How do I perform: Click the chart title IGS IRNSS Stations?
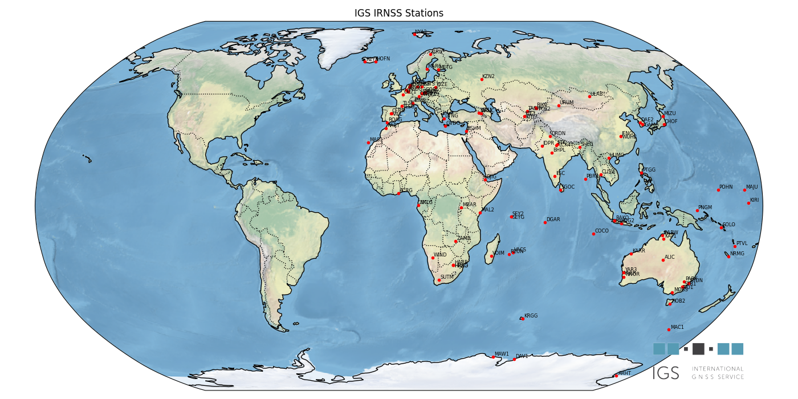(398, 13)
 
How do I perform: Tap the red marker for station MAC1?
(669, 329)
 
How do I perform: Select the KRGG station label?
(531, 316)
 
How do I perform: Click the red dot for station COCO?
(593, 234)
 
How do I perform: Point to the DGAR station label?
(553, 219)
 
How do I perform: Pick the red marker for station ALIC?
(663, 260)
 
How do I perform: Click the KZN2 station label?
(488, 76)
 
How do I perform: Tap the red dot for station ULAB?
(589, 96)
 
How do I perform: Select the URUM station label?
(567, 103)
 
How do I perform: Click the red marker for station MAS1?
(368, 142)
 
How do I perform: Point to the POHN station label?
(726, 187)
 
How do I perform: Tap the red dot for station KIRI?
(748, 203)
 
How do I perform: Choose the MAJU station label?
(752, 187)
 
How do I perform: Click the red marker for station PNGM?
(697, 210)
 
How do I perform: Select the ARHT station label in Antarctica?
(625, 373)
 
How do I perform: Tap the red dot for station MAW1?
(493, 357)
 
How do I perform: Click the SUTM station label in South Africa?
(447, 277)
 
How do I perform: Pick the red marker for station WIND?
(433, 258)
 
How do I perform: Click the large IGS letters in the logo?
(666, 373)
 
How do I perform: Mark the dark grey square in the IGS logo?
(698, 349)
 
